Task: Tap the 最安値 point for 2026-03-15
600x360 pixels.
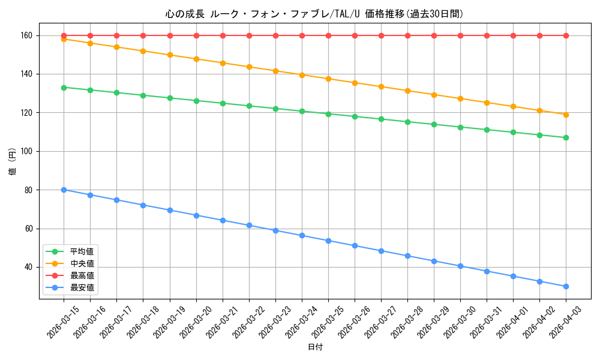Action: point(64,190)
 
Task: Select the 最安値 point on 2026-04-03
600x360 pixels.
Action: point(566,286)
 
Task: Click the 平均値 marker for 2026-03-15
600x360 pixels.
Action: point(64,88)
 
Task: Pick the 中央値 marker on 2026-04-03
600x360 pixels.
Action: point(566,115)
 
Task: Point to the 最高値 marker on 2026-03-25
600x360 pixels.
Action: point(328,35)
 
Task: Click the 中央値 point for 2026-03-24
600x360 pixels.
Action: point(302,75)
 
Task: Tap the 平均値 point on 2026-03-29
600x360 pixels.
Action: point(434,124)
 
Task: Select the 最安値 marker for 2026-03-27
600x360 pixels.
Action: point(381,251)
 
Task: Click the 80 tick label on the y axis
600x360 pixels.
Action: point(27,190)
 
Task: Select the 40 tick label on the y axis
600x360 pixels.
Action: point(27,267)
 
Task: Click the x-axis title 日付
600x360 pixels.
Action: point(315,347)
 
